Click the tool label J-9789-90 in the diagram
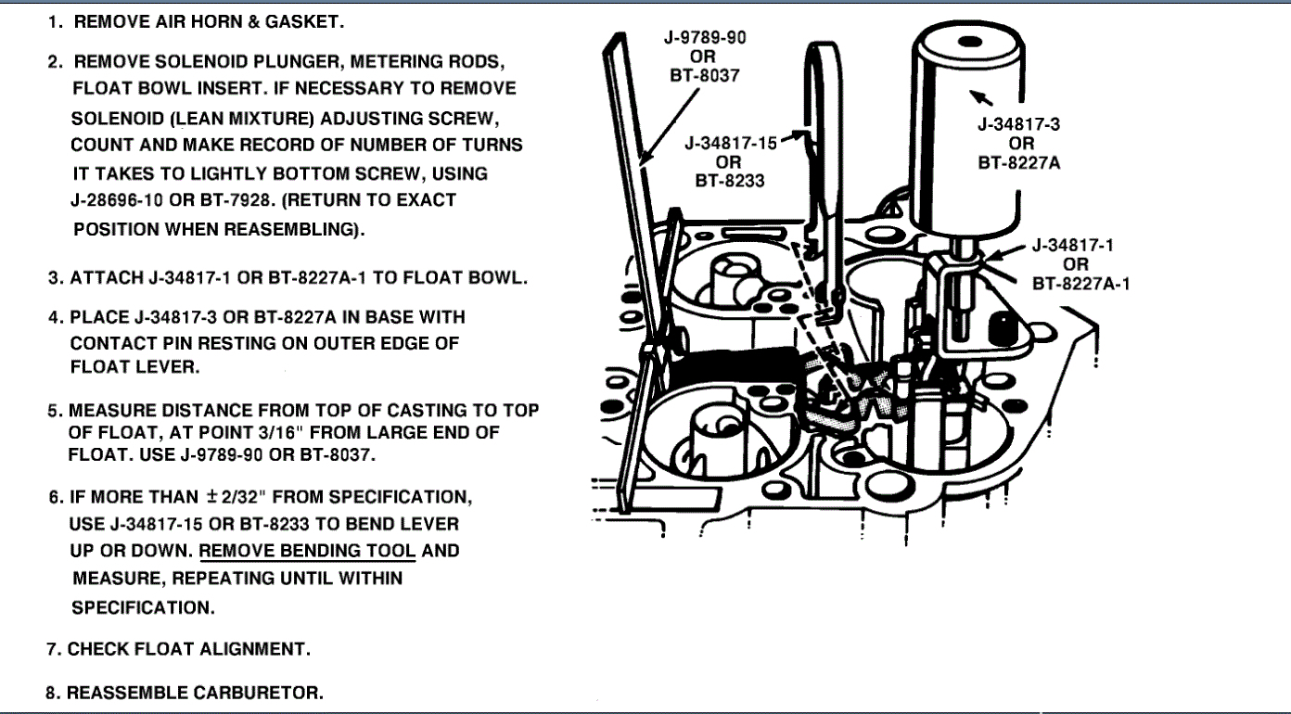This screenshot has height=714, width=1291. click(705, 37)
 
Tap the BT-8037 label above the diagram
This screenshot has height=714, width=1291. click(705, 75)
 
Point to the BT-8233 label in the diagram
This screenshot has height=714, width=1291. click(730, 181)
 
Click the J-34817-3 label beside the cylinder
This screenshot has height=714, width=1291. click(1021, 125)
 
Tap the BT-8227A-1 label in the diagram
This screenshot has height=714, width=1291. click(1080, 282)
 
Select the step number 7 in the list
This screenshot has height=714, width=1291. click(54, 649)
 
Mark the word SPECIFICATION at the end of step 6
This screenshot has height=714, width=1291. click(143, 608)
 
